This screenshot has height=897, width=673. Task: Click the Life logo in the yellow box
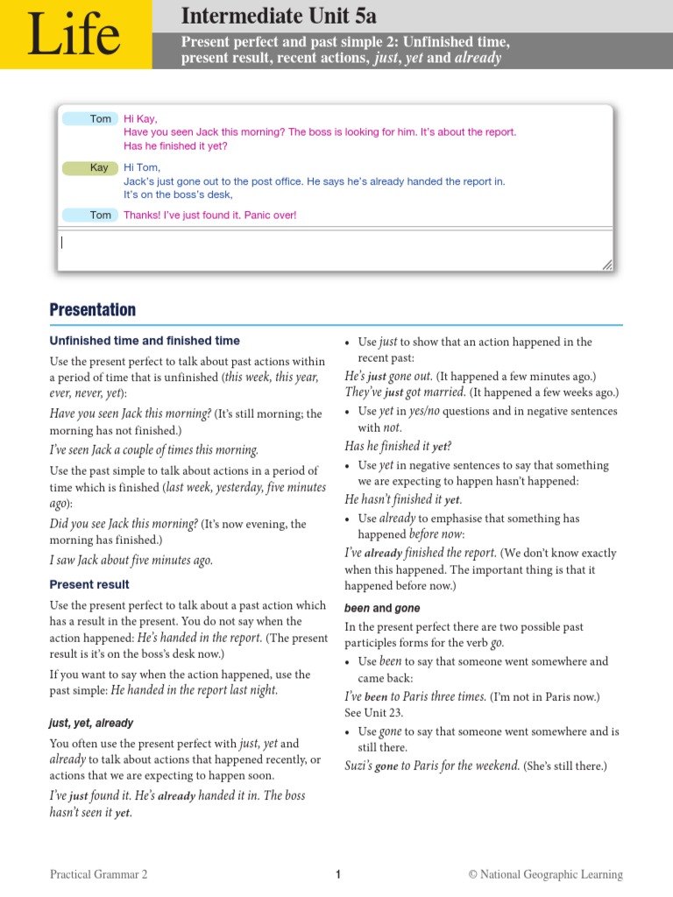[x=74, y=35]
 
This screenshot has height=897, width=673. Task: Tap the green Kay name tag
[x=99, y=167]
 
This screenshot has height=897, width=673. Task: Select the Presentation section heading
[x=93, y=310]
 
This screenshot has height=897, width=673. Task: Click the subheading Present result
[x=89, y=584]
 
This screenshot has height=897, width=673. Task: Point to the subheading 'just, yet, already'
[x=91, y=723]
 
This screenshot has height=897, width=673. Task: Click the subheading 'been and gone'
[x=382, y=608]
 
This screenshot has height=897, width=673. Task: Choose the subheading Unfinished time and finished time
[x=145, y=341]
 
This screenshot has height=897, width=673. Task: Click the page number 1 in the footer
[x=337, y=874]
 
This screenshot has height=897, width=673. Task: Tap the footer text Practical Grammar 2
[x=99, y=874]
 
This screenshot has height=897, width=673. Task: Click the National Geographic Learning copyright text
[x=545, y=874]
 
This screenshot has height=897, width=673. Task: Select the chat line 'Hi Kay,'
[x=140, y=118]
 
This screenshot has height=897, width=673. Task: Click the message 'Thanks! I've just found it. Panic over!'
[x=210, y=215]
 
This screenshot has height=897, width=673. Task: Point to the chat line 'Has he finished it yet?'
[x=175, y=146]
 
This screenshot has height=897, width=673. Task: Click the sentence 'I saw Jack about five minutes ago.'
[x=131, y=561]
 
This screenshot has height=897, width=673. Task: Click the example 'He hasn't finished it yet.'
[x=403, y=499]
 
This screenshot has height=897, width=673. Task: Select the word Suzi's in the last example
[x=358, y=766]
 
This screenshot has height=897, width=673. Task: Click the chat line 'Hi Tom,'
[x=142, y=167]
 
